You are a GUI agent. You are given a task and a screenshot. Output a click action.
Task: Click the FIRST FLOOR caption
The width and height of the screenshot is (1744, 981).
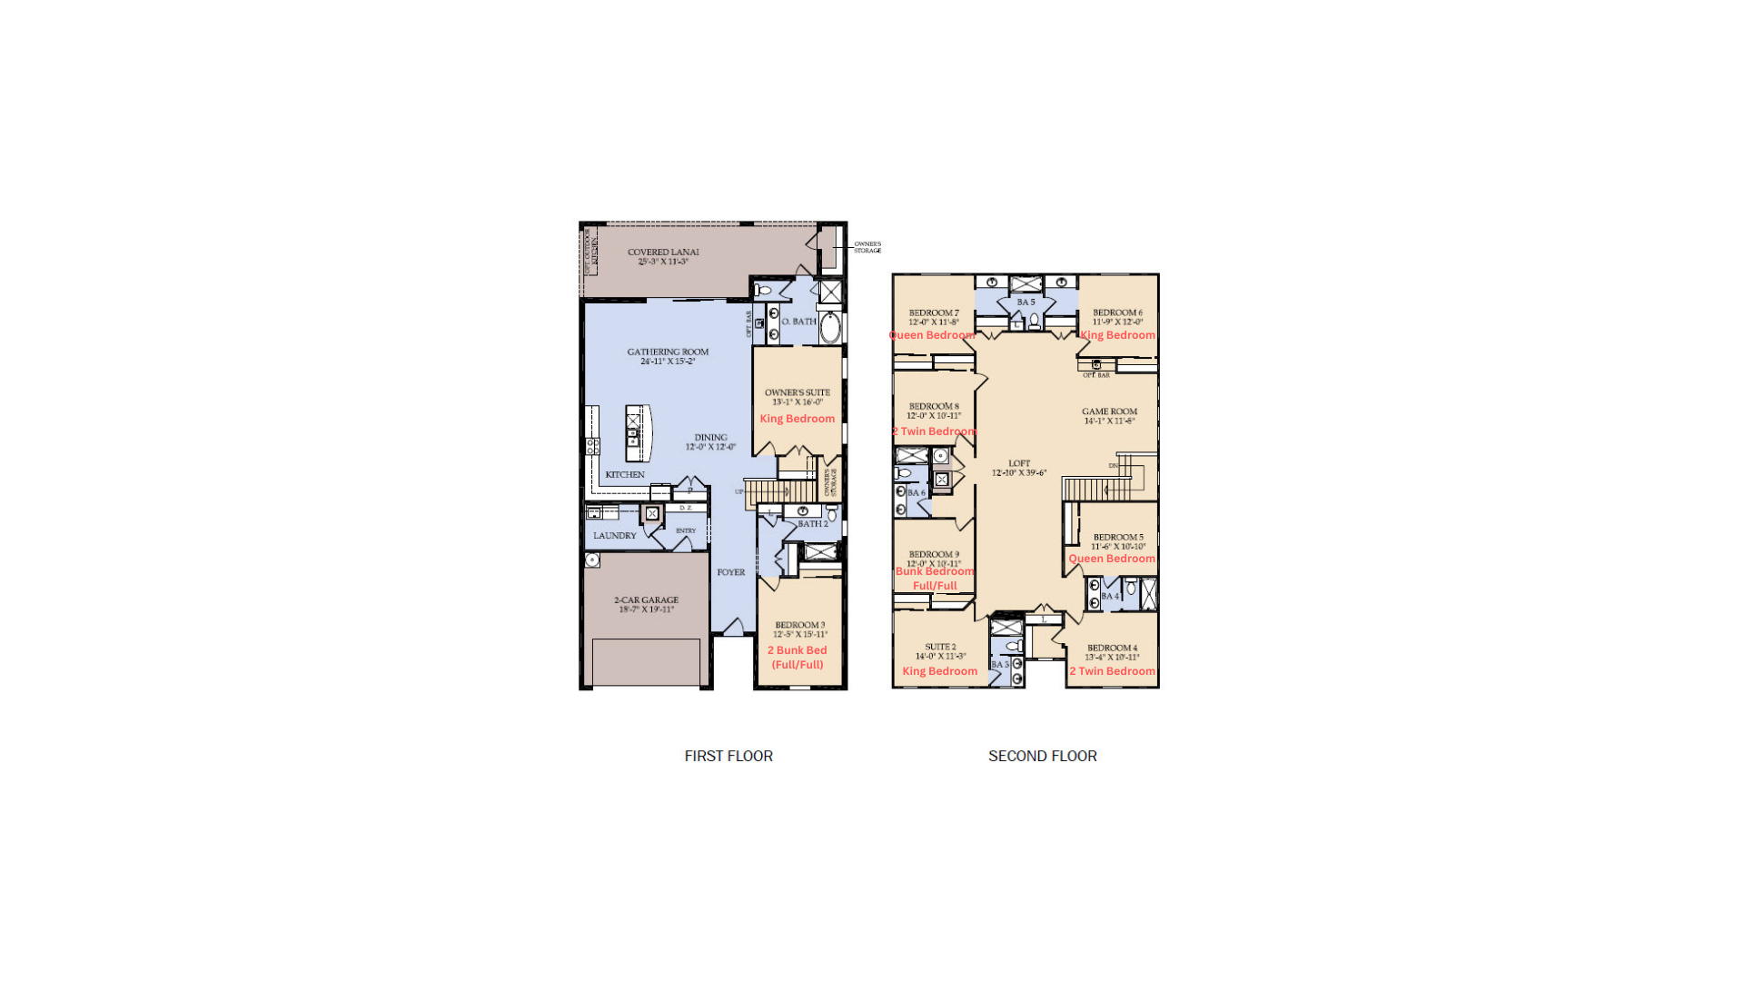pyautogui.click(x=728, y=756)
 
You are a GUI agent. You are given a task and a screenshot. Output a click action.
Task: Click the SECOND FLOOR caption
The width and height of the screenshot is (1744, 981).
pyautogui.click(x=1042, y=756)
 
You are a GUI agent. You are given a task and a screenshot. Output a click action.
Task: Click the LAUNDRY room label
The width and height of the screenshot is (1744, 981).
pyautogui.click(x=615, y=536)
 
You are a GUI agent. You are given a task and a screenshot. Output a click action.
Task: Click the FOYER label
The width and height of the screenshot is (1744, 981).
pyautogui.click(x=730, y=572)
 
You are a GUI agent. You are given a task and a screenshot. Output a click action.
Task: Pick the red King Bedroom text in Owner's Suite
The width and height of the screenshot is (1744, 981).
pyautogui.click(x=797, y=419)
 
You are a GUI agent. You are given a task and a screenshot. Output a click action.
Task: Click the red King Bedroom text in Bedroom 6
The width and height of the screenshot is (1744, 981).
pyautogui.click(x=1118, y=335)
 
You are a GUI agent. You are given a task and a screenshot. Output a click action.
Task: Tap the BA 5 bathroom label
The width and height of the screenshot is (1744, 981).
pyautogui.click(x=1026, y=302)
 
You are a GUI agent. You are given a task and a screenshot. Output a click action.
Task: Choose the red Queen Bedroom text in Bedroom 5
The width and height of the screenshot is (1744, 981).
pyautogui.click(x=1112, y=559)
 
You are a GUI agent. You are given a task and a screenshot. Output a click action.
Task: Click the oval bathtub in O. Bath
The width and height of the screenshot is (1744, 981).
pyautogui.click(x=830, y=327)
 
